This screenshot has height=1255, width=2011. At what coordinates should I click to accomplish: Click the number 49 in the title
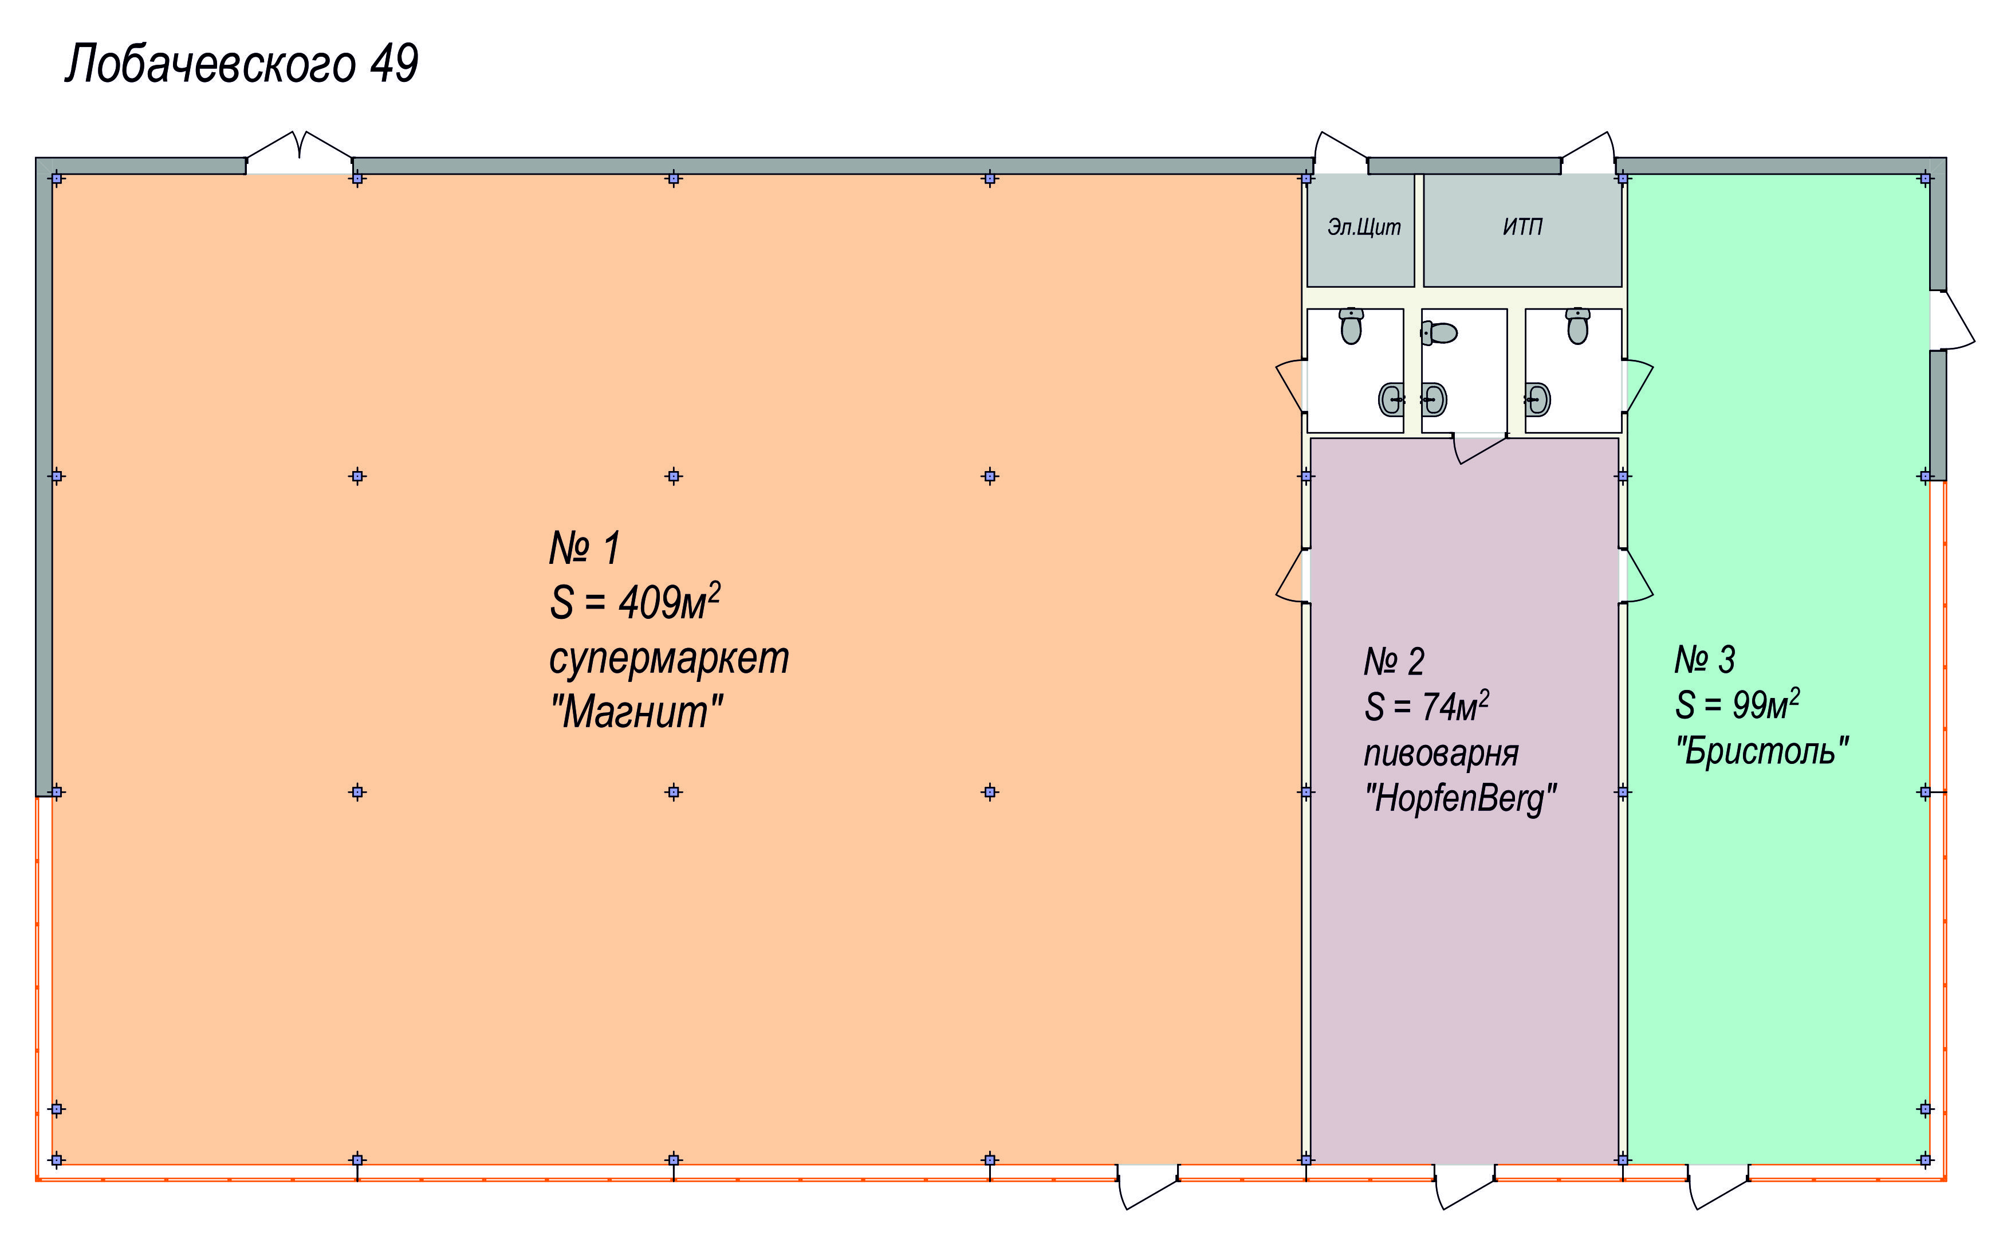393,64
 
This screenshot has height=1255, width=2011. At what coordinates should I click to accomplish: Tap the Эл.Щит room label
1364,226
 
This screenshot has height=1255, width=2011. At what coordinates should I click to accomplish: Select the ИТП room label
1522,226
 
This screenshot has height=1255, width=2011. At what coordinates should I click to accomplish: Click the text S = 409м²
635,601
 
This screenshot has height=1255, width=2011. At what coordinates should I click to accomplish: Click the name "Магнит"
636,711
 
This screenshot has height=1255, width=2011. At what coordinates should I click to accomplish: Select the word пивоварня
1442,754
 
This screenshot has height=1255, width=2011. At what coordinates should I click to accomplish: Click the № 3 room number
1705,660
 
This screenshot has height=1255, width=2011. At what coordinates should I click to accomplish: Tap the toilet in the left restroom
1351,325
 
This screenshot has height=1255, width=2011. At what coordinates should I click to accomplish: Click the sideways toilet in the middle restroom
1439,333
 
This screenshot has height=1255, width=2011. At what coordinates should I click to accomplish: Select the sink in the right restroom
1537,399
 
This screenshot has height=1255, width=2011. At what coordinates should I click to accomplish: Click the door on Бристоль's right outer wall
1951,320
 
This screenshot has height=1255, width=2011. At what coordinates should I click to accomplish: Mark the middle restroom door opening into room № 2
1479,448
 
